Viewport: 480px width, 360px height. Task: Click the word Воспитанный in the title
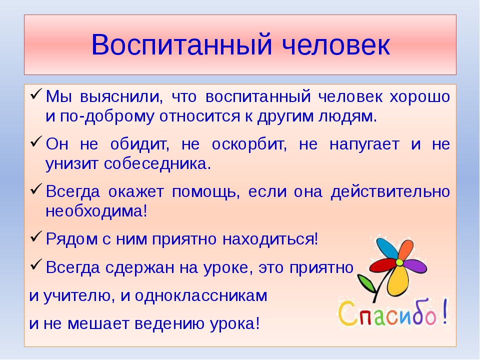click(x=181, y=44)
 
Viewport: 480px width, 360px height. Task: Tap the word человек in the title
click(x=336, y=44)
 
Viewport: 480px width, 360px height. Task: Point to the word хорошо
click(x=419, y=96)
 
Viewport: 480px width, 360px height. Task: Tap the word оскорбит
click(x=249, y=144)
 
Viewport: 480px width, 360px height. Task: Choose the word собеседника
click(x=157, y=164)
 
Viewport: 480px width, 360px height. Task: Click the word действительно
click(x=390, y=192)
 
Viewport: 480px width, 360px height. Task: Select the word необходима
click(x=96, y=211)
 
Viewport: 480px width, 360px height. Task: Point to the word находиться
click(x=270, y=239)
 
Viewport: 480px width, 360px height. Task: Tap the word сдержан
click(x=139, y=268)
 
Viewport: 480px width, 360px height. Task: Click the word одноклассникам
click(x=201, y=296)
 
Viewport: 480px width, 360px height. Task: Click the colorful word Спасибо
click(x=393, y=313)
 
